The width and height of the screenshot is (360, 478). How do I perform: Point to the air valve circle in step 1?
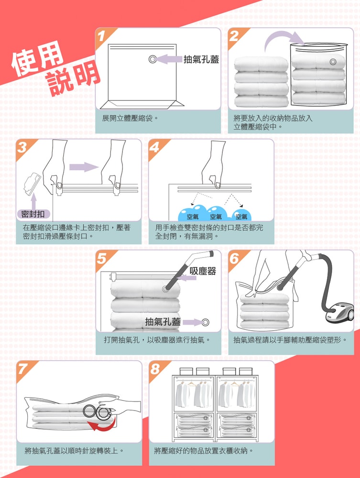click(x=153, y=59)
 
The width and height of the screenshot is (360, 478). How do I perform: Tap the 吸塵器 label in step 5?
click(x=202, y=271)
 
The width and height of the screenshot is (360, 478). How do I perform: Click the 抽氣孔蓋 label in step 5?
click(x=163, y=322)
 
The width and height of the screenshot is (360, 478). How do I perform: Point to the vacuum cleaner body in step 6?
click(x=341, y=314)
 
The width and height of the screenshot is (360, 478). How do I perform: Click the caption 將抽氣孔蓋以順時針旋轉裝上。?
click(x=75, y=451)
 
